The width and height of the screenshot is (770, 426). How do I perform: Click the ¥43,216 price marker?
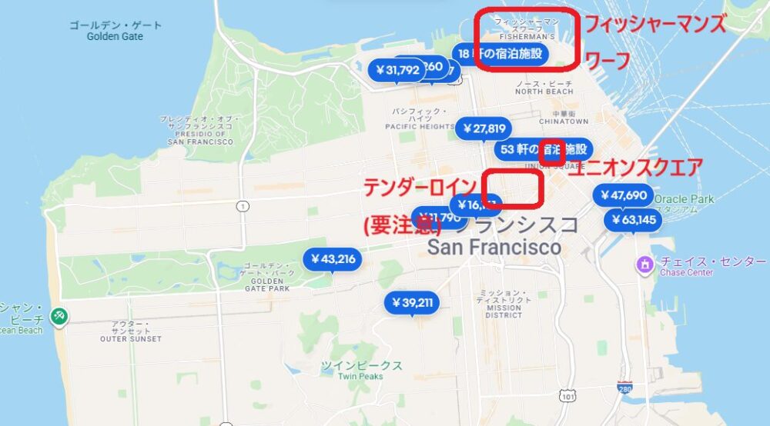[333, 259]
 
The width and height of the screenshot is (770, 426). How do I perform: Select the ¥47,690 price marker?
[624, 195]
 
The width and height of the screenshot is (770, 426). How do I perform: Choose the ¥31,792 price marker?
[397, 70]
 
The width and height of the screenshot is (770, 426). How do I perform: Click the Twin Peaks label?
[362, 370]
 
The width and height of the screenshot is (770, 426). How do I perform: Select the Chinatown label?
[564, 117]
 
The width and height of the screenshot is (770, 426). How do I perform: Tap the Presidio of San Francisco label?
[199, 131]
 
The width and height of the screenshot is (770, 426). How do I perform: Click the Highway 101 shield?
[567, 397]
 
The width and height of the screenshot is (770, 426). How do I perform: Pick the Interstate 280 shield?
[625, 387]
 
